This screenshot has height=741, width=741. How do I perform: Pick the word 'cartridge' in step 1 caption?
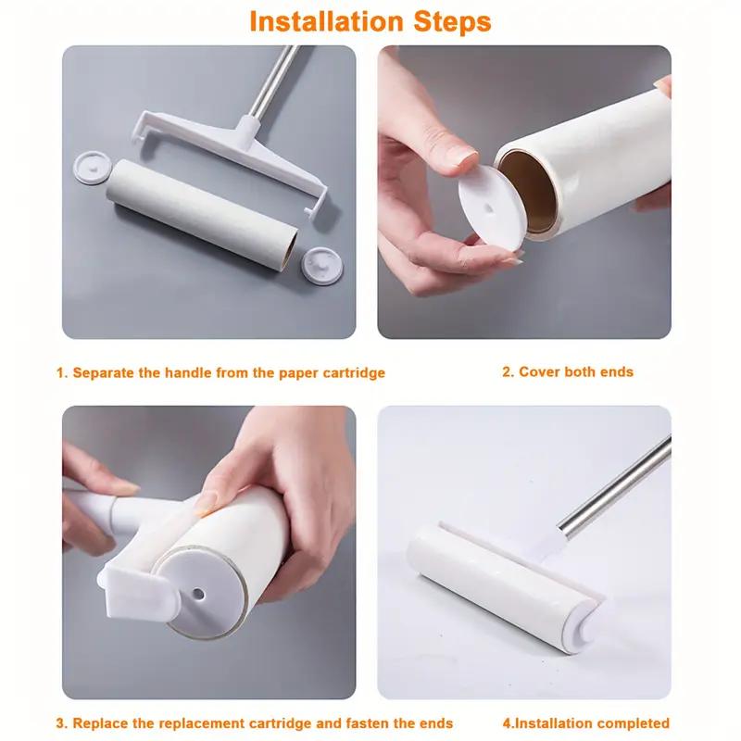coord(351,373)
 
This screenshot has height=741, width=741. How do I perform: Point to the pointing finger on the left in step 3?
coord(102,482)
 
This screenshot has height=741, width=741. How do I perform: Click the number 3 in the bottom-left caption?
coord(60,722)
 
